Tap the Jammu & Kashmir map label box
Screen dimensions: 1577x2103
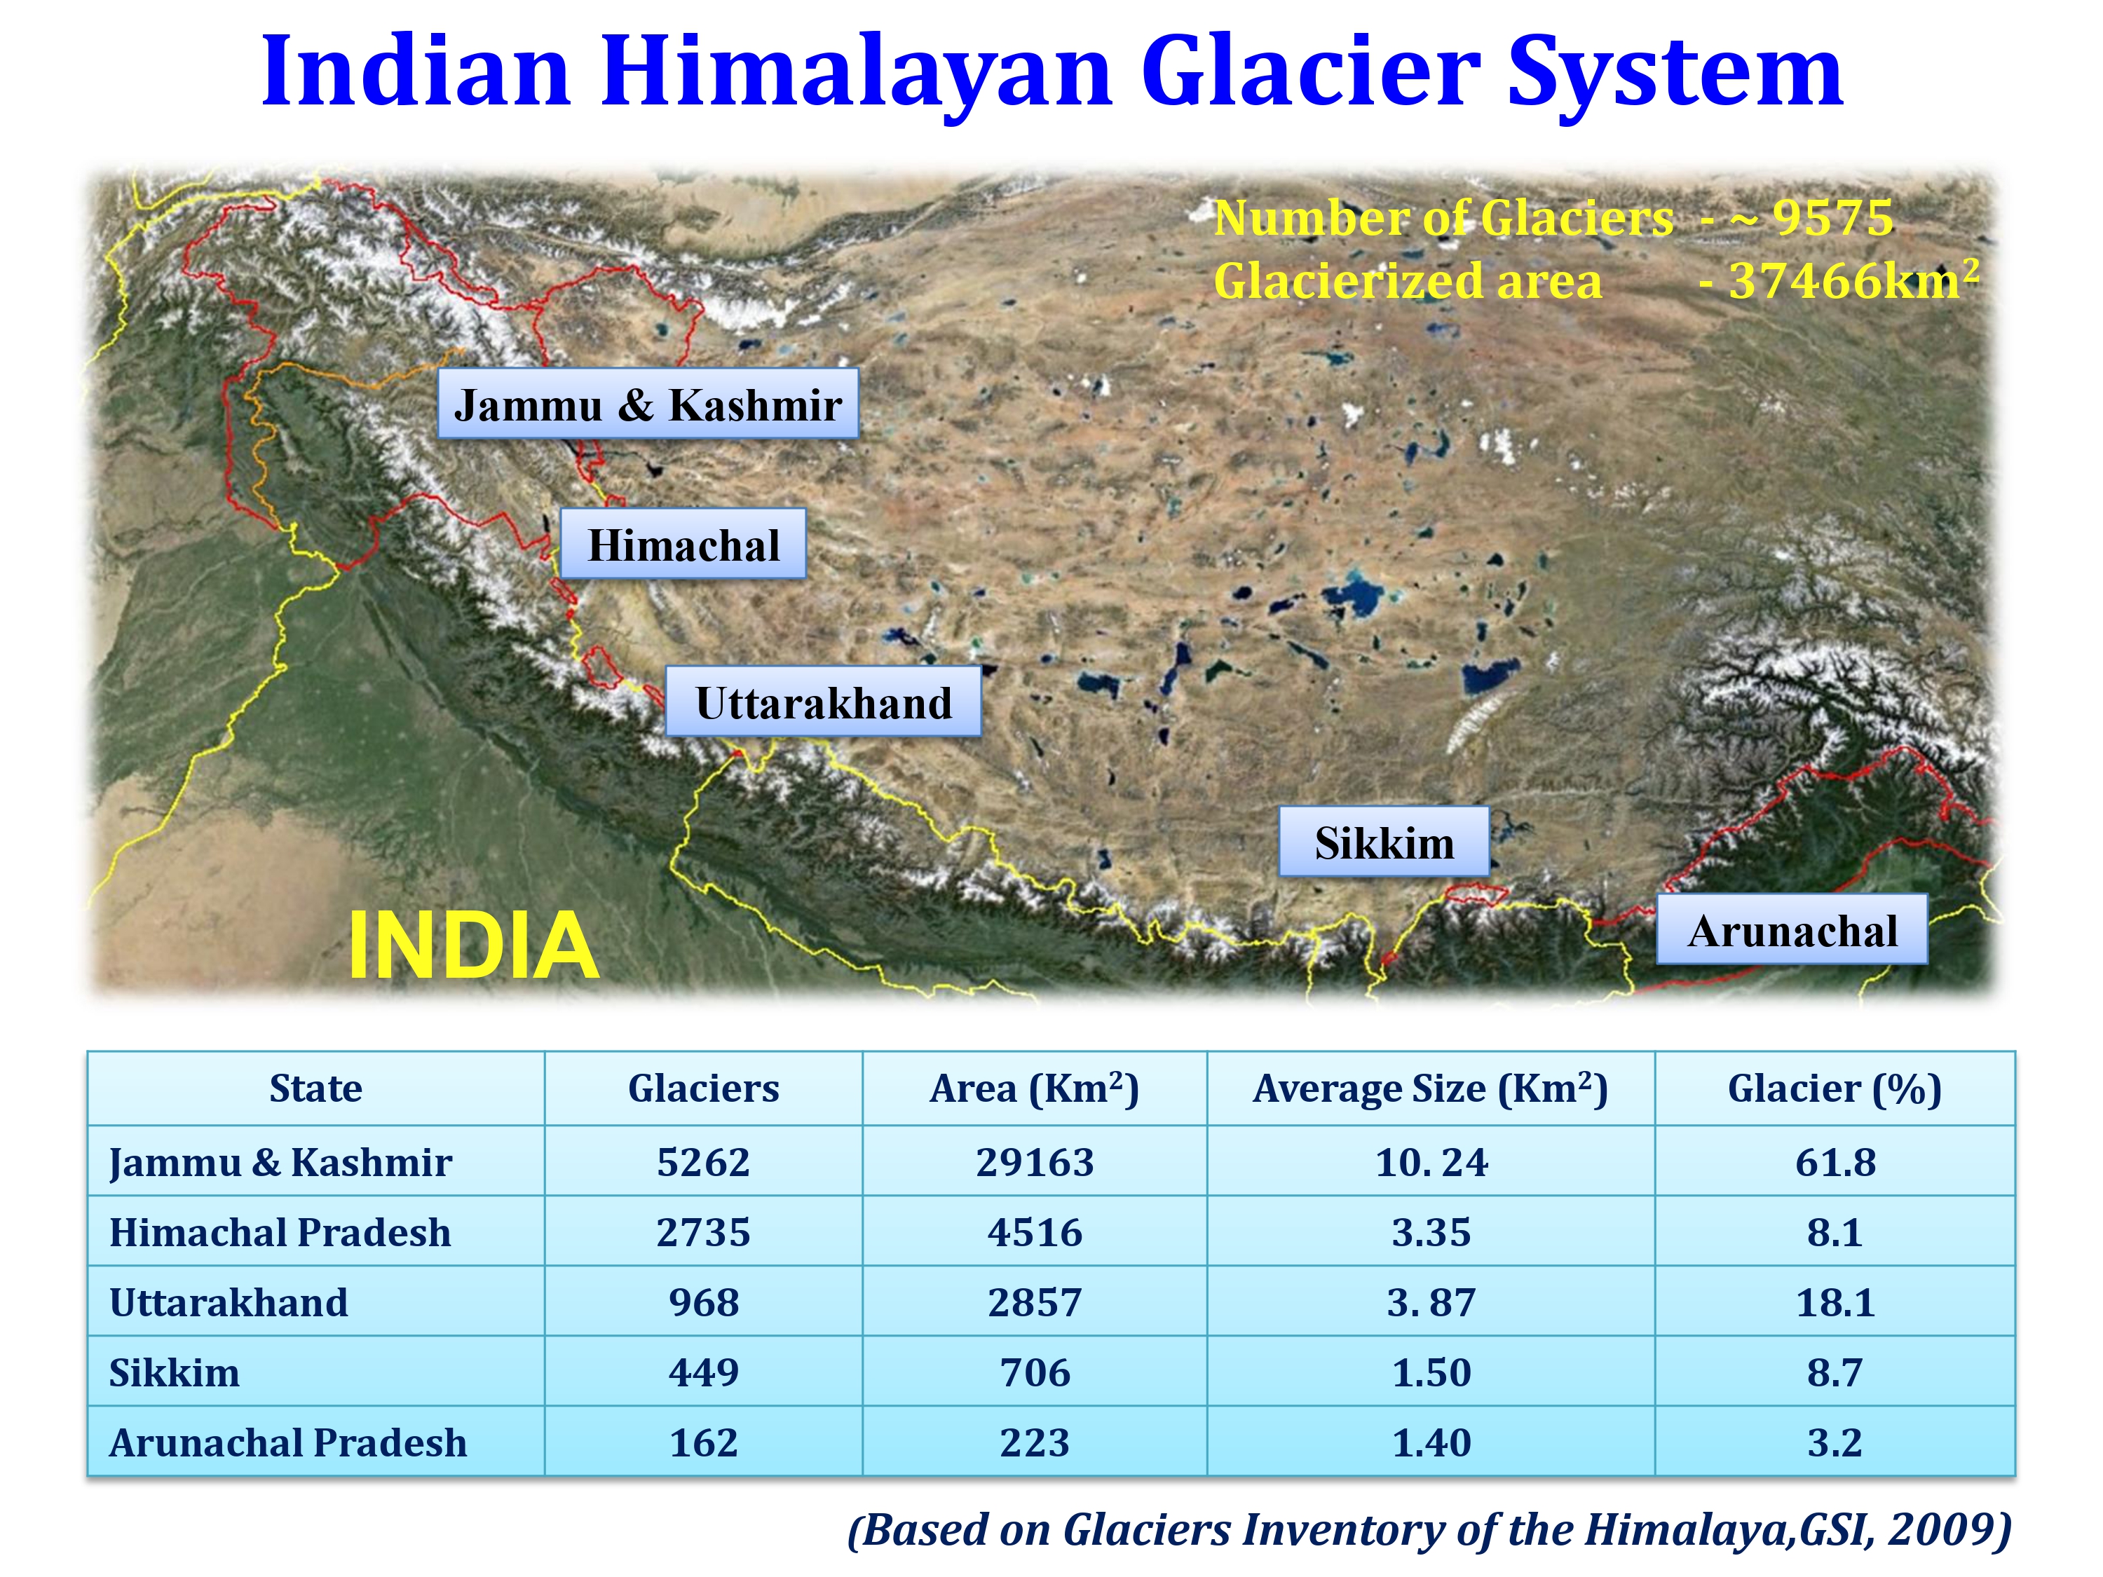(x=648, y=404)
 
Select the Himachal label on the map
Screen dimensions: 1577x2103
(x=683, y=545)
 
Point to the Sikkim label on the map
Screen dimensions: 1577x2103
(x=1383, y=843)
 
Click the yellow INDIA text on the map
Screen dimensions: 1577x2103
(x=472, y=945)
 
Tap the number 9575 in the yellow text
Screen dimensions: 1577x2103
(x=1832, y=218)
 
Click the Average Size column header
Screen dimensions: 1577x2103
(x=1430, y=1088)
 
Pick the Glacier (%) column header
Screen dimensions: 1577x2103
(x=1834, y=1088)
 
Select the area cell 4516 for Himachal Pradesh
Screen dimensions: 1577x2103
(x=1035, y=1232)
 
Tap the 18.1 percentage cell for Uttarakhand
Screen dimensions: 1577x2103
(x=1834, y=1302)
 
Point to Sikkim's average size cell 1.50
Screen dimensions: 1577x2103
(x=1430, y=1372)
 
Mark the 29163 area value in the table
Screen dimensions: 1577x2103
(x=1035, y=1161)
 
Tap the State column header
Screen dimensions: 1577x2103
(x=315, y=1088)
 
